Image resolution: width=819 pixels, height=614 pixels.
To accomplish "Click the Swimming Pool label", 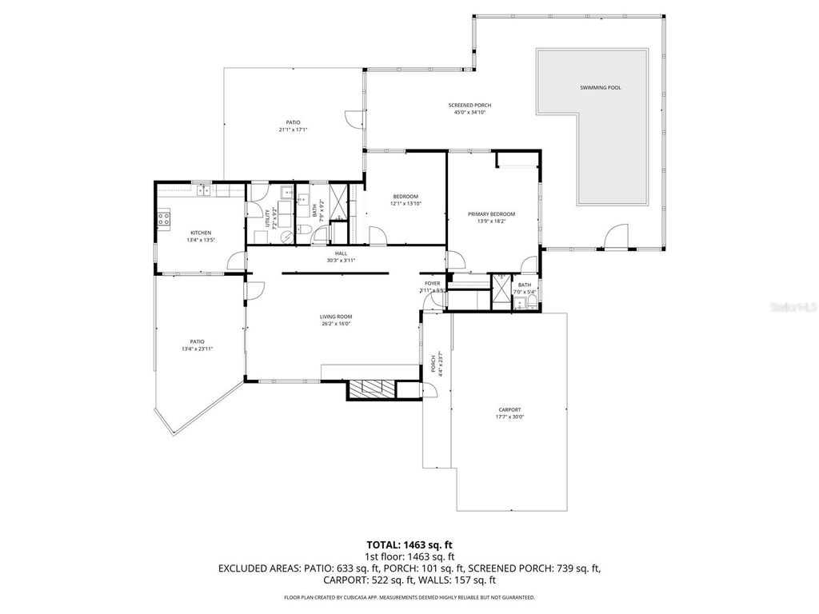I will (600, 87).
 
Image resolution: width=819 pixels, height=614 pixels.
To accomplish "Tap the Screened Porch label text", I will (469, 106).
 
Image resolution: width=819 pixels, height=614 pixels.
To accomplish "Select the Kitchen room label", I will (201, 233).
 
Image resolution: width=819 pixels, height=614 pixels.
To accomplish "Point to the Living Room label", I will (336, 317).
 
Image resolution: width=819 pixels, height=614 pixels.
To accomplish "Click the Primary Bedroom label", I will (491, 214).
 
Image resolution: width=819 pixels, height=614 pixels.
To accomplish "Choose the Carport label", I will (509, 409).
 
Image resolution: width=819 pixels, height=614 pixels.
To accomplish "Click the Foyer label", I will (433, 284).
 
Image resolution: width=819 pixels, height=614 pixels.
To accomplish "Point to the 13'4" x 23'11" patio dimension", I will (198, 349).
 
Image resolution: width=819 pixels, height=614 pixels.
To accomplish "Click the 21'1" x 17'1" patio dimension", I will (294, 130).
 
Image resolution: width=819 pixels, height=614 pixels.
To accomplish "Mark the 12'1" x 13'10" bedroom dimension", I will (406, 204).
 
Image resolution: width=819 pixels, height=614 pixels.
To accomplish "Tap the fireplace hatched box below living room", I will (372, 389).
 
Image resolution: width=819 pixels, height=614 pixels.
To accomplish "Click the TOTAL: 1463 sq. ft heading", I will (409, 544).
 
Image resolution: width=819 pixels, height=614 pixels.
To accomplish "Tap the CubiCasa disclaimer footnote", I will (409, 597).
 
